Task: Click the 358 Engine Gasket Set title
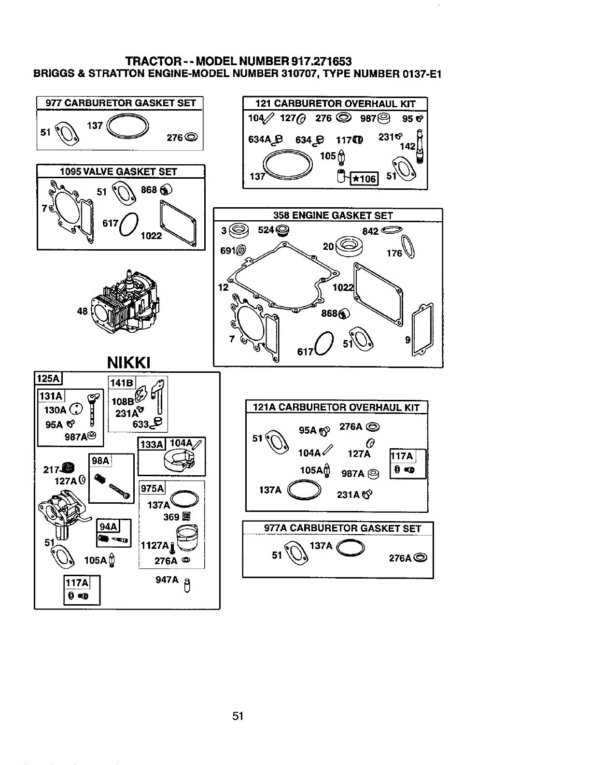click(x=333, y=215)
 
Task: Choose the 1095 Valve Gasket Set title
click(x=118, y=171)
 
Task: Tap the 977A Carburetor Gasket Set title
click(x=343, y=528)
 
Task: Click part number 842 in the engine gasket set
click(x=370, y=231)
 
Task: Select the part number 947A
click(x=167, y=580)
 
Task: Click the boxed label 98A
click(x=100, y=461)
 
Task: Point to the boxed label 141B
click(x=122, y=383)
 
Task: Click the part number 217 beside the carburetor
click(x=50, y=469)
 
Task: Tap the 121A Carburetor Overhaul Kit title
click(x=337, y=407)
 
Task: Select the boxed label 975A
click(x=152, y=488)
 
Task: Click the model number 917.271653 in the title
click(x=321, y=61)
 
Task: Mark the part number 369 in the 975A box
click(x=171, y=517)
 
